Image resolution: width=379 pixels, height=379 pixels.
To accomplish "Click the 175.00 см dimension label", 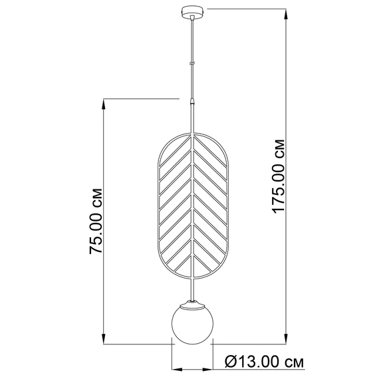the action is click(279, 177).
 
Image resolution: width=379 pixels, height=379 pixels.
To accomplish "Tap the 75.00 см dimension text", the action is click(96, 221).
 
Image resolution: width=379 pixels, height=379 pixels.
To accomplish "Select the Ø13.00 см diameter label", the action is click(264, 362).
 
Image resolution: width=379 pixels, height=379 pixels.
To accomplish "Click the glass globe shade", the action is click(192, 323).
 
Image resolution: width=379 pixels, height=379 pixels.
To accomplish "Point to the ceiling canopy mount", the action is click(192, 11).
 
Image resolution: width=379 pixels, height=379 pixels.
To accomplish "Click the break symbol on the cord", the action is click(192, 64).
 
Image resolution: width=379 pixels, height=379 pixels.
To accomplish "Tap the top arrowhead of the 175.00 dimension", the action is click(286, 14).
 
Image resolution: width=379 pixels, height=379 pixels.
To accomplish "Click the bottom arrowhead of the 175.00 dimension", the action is click(286, 338).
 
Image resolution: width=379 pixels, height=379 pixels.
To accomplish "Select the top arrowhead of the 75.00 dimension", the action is click(104, 104).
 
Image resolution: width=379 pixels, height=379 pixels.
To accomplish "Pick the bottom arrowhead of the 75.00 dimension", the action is click(104, 338).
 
